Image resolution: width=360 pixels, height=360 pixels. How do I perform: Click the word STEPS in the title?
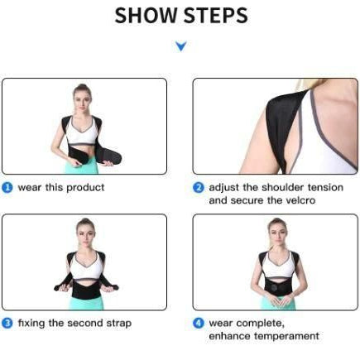(x=215, y=16)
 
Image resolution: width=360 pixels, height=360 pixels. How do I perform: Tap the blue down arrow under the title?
(x=181, y=46)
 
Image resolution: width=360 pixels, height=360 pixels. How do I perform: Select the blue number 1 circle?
(x=7, y=188)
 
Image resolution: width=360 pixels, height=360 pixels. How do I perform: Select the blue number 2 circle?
(x=199, y=188)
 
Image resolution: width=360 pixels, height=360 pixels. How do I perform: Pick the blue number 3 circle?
(x=7, y=323)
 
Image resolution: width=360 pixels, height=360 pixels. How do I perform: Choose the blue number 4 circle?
(x=199, y=323)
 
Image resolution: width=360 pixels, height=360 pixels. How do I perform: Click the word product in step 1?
(x=85, y=188)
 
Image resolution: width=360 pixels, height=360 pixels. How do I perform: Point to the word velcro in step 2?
(x=300, y=200)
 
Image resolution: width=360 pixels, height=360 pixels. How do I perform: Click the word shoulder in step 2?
(x=283, y=187)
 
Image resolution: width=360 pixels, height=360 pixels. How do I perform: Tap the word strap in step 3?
(x=119, y=324)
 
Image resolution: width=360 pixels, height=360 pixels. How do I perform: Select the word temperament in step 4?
(x=286, y=336)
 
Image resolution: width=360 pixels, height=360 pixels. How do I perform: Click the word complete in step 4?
(x=260, y=324)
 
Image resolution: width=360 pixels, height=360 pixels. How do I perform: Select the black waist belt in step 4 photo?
(x=278, y=289)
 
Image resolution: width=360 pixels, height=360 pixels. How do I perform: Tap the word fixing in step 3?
(x=31, y=324)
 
